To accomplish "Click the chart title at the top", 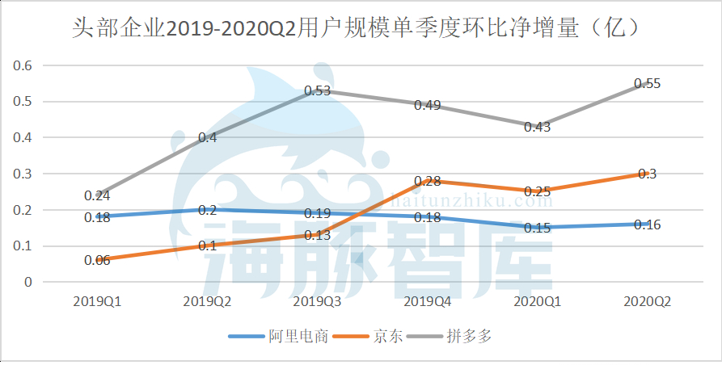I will [x=361, y=29].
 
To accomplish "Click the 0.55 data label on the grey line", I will [x=648, y=83].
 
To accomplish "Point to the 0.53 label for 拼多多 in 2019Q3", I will [x=318, y=91].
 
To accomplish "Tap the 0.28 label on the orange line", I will [x=428, y=181].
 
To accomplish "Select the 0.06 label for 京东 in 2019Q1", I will [x=98, y=260].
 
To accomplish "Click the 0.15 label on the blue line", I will [x=538, y=228].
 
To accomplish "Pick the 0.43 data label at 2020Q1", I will [x=538, y=127].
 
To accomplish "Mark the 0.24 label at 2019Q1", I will [x=98, y=195].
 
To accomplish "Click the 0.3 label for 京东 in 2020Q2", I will [x=648, y=174].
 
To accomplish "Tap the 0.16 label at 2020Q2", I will [x=648, y=224].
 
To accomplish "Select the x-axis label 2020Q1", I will [x=538, y=301].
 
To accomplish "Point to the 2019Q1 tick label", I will [x=98, y=301].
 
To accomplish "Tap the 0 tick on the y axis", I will [x=27, y=282].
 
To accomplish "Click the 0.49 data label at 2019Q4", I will [x=428, y=105].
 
